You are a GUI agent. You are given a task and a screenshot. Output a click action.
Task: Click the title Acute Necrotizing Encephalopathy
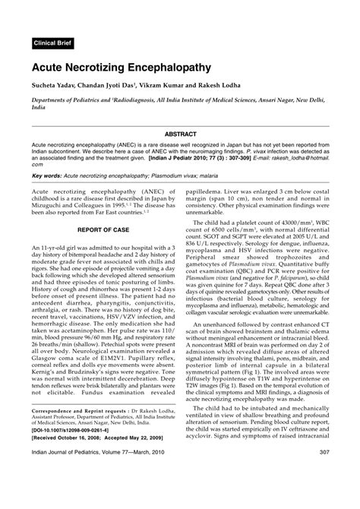(x=121, y=68)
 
